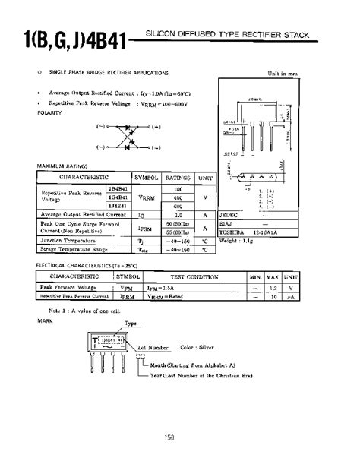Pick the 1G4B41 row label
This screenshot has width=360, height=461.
(118, 197)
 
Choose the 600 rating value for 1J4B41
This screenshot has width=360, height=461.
(178, 206)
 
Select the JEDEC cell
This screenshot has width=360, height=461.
(229, 214)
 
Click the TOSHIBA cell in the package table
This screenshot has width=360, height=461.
(233, 232)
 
